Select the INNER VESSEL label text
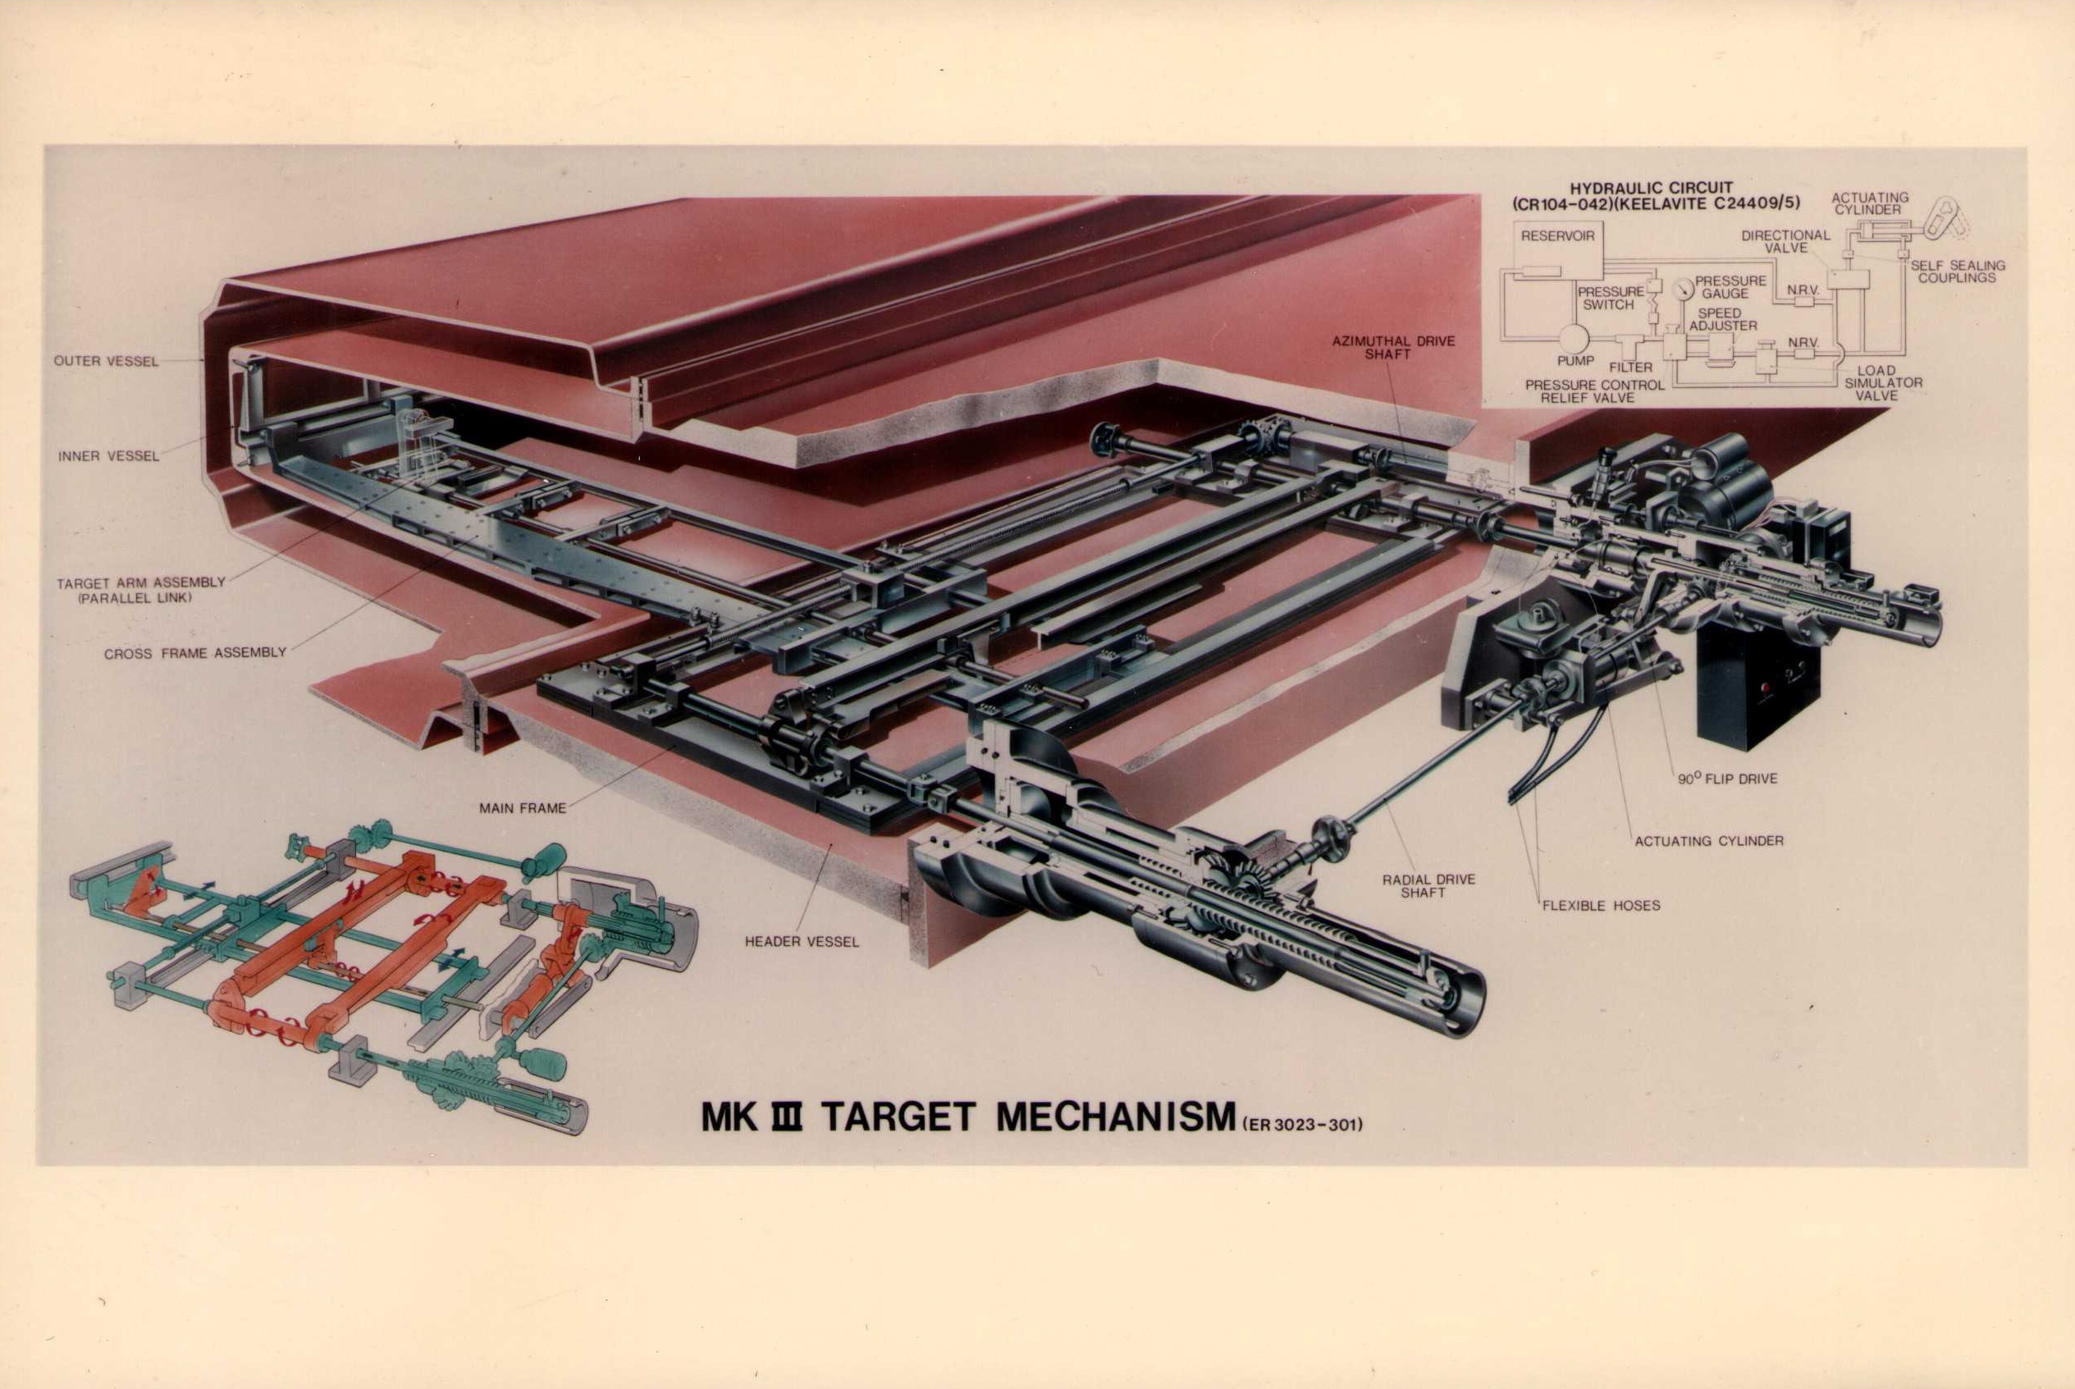[x=108, y=456]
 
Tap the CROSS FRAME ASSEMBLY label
[x=194, y=654]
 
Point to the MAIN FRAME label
[x=523, y=808]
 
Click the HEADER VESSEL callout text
[x=802, y=942]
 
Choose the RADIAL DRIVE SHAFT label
[x=1428, y=886]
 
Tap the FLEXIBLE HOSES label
[x=1602, y=905]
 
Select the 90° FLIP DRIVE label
[x=1727, y=779]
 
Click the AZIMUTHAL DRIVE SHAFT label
[x=1393, y=347]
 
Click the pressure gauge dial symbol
[x=1684, y=289]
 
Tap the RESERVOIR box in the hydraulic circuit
[x=1558, y=252]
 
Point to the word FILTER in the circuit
[x=1630, y=367]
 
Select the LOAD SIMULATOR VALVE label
[x=1883, y=382]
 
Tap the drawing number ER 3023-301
[x=1302, y=1125]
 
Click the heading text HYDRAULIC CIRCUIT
[x=1651, y=188]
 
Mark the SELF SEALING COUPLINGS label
[x=1957, y=271]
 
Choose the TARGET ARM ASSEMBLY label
[x=141, y=583]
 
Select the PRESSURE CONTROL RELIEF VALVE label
[x=1594, y=391]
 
